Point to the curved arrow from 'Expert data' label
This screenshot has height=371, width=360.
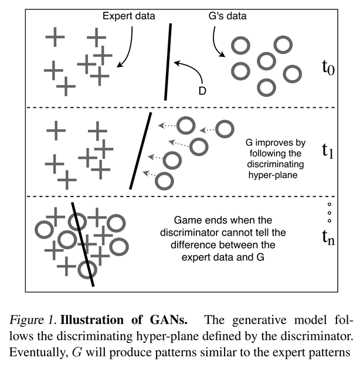click(x=128, y=47)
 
